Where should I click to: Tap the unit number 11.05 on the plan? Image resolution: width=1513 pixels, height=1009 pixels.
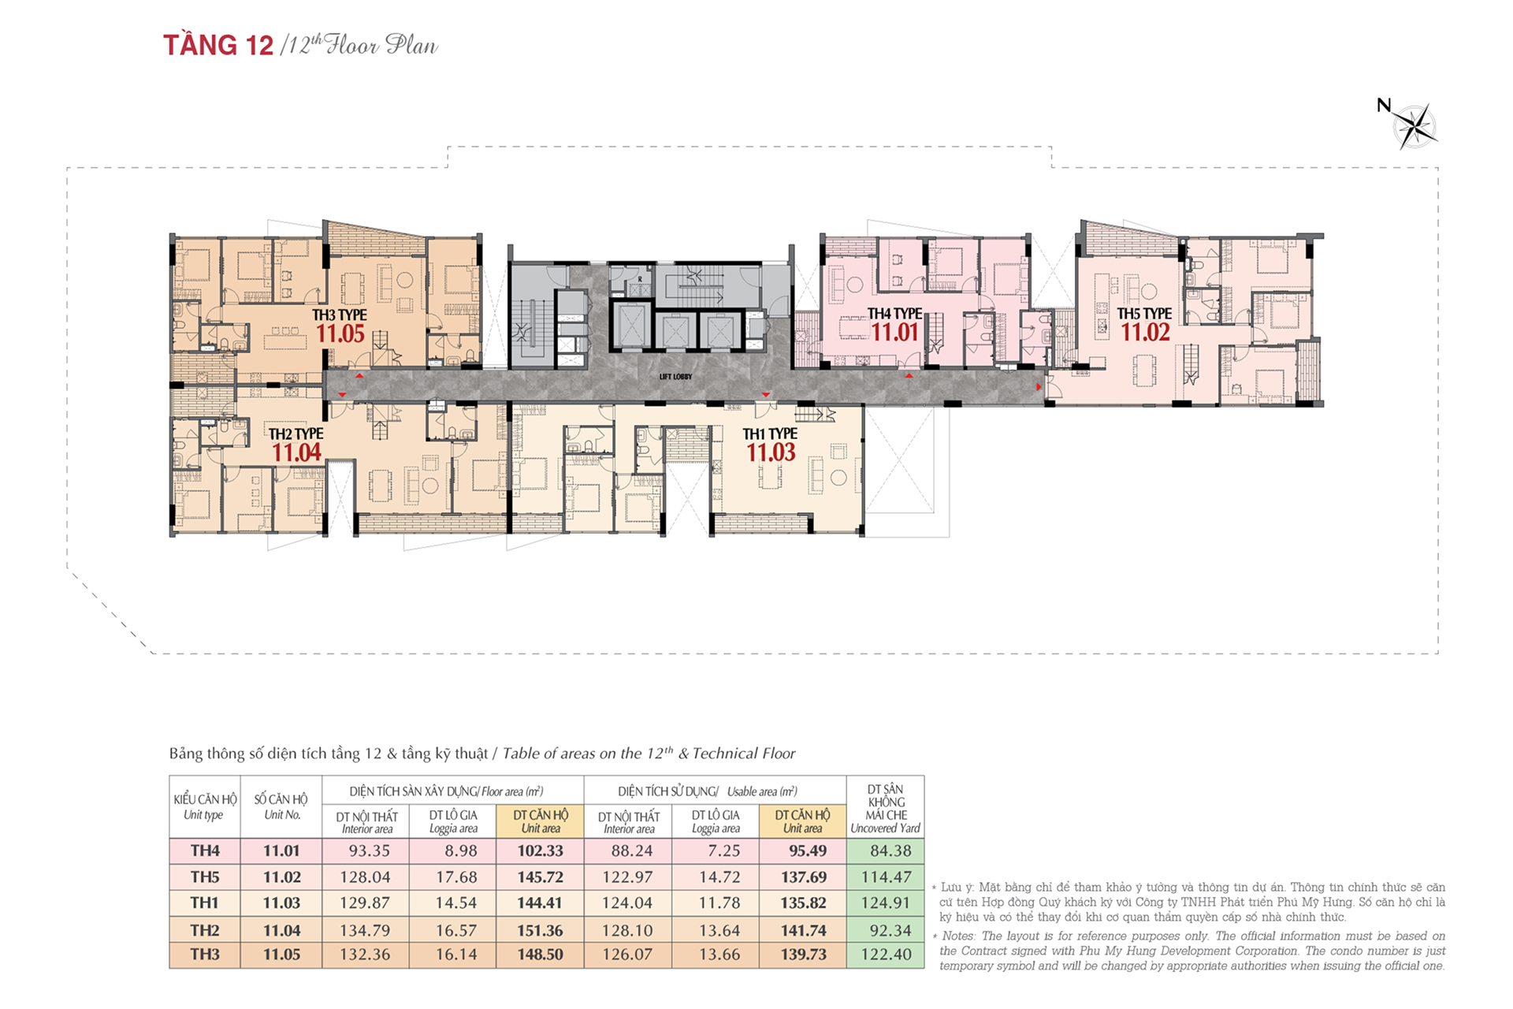[x=340, y=333]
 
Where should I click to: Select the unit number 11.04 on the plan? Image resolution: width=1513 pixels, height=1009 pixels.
[x=296, y=452]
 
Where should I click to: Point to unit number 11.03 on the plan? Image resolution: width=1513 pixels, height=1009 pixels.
[x=771, y=452]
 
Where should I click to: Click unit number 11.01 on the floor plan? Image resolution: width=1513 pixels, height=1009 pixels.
[x=895, y=333]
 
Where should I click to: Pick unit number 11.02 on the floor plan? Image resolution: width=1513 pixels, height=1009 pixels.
[x=1145, y=333]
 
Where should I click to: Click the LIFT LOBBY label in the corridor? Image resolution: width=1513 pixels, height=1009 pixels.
[x=676, y=377]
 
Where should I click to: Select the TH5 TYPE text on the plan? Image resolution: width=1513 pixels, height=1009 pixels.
[x=1144, y=314]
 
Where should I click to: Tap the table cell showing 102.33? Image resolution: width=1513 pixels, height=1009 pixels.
[x=540, y=851]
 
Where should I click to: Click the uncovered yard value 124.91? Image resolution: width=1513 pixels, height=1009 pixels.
[x=886, y=903]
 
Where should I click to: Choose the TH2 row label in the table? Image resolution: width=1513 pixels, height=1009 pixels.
[x=205, y=930]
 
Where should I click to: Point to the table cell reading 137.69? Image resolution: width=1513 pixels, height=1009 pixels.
[x=804, y=877]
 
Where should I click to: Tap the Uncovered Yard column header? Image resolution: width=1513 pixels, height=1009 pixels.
[x=886, y=808]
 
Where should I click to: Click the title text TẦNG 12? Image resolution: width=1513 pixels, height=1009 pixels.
[x=218, y=45]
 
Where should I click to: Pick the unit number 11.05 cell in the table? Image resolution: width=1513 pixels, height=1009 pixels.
[x=281, y=955]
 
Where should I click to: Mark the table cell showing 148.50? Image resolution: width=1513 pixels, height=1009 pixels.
[x=540, y=955]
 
